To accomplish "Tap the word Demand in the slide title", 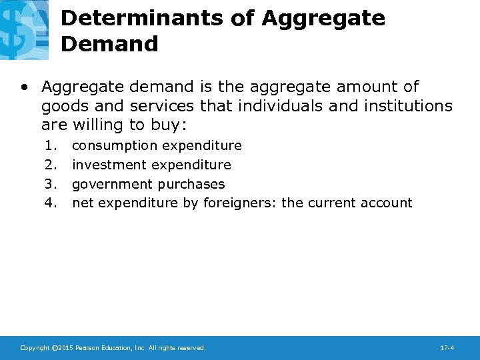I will point(109,44).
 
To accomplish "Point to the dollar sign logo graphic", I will point(23,28).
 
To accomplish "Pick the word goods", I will point(65,106).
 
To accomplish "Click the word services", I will point(161,106).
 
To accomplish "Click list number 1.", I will point(51,145).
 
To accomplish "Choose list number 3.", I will point(51,184).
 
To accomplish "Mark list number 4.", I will point(51,203).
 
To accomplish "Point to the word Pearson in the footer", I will point(90,348).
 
